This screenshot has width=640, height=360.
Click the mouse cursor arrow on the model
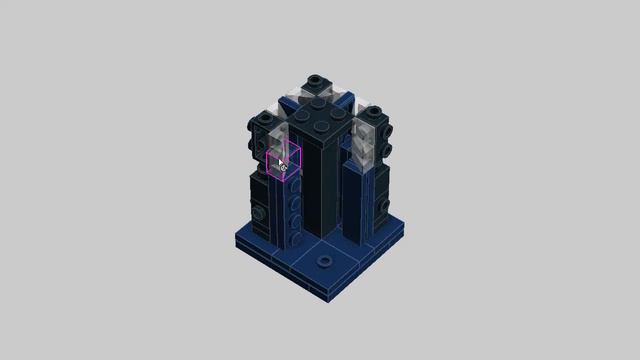282,162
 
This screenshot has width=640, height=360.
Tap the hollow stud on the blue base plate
323,260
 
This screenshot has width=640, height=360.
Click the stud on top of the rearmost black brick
316,80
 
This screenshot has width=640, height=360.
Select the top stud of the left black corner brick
265,116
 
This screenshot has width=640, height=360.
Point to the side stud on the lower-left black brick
259,213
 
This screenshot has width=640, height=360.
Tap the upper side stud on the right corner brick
387,130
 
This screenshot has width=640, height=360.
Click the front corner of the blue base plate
323,298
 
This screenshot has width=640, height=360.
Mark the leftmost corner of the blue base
236,240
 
